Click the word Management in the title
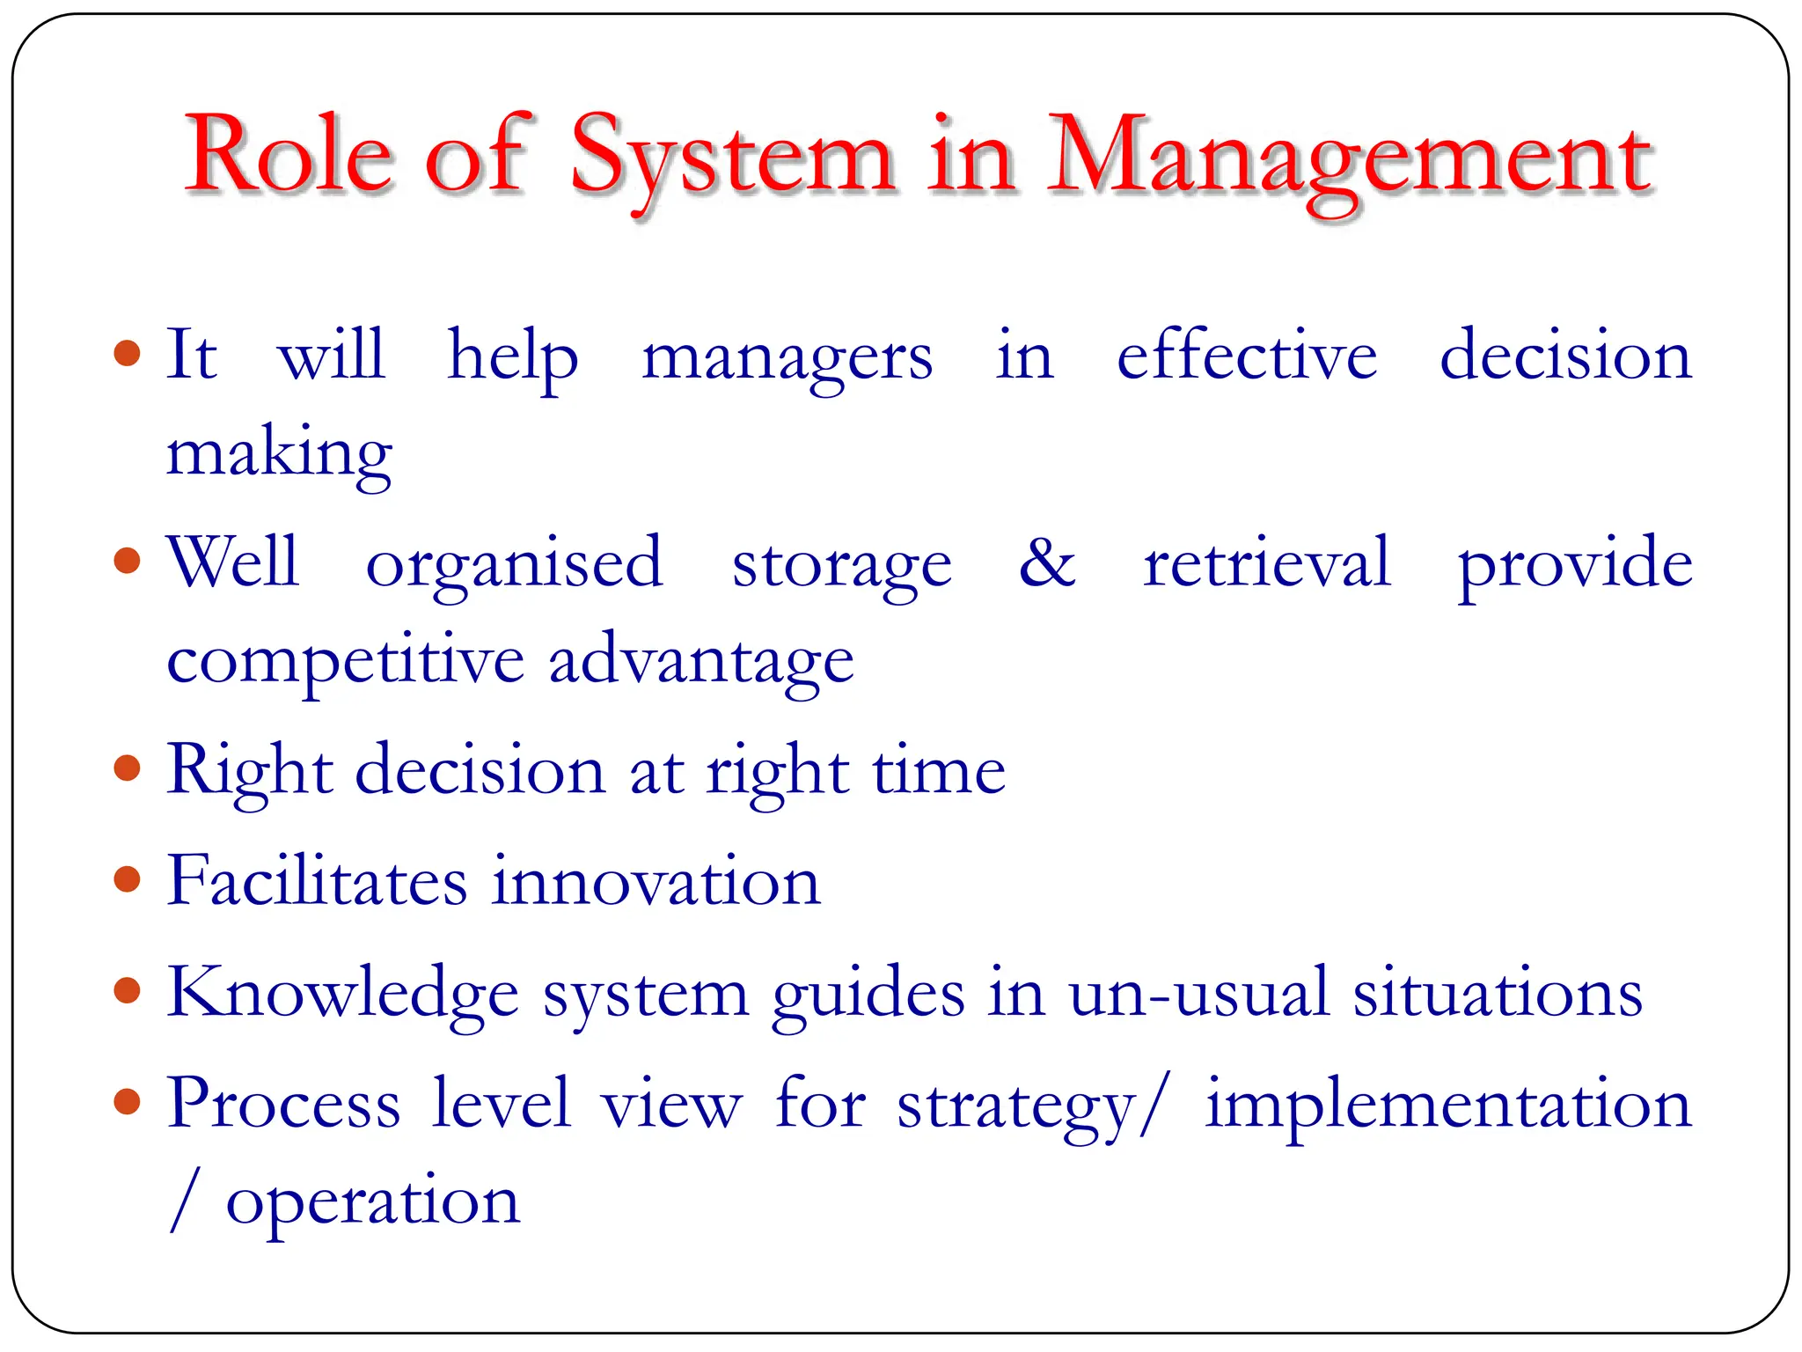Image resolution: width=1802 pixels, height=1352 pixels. pos(1351,158)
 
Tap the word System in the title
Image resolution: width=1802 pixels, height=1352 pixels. pos(732,158)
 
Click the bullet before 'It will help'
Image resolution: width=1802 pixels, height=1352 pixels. pos(128,354)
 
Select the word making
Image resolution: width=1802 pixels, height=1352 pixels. pos(279,454)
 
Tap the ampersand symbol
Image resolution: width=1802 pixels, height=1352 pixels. pos(1047,562)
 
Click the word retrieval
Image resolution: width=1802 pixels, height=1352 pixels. pos(1267,562)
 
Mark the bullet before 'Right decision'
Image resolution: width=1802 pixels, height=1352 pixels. pos(128,768)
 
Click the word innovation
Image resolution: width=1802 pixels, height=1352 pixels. pos(656,881)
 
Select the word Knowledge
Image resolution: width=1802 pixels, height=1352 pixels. pos(342,993)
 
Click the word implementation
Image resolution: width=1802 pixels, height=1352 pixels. pos(1447,1104)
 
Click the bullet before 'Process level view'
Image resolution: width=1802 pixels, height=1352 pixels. pos(128,1101)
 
